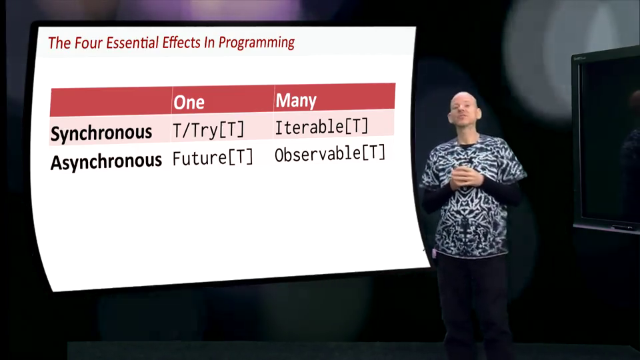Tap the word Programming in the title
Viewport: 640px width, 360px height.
click(x=256, y=43)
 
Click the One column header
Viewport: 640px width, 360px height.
click(x=189, y=102)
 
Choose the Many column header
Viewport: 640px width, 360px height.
click(x=296, y=101)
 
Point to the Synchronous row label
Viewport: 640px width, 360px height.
click(x=101, y=133)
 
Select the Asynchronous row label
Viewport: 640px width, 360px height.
click(x=106, y=161)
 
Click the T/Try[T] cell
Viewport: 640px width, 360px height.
click(x=208, y=130)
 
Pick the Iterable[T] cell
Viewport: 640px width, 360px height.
click(x=321, y=127)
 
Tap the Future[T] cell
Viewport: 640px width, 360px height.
click(x=213, y=157)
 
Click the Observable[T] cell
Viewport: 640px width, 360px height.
click(x=330, y=154)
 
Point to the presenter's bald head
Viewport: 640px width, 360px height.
click(x=464, y=107)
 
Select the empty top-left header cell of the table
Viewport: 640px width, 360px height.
click(x=111, y=102)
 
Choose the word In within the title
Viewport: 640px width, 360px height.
click(x=209, y=42)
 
